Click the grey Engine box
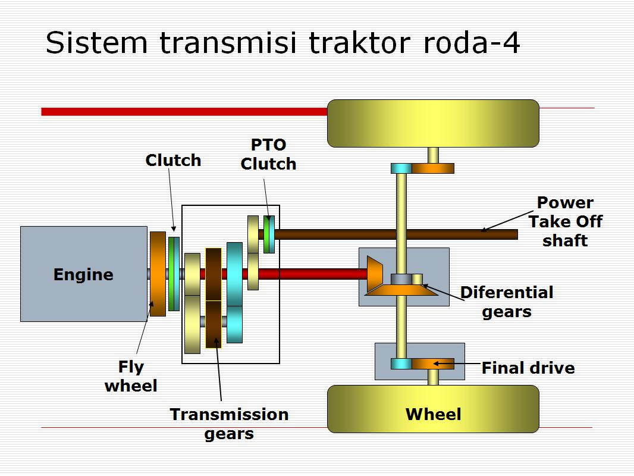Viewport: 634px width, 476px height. coord(83,274)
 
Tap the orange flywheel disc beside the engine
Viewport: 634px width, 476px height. coord(158,274)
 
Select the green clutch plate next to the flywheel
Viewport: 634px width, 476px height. coord(174,274)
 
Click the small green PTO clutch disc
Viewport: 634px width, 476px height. coord(269,234)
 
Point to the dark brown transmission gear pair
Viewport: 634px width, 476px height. coord(214,297)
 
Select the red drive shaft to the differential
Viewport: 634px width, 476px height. coord(309,274)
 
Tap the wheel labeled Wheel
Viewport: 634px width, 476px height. coord(433,409)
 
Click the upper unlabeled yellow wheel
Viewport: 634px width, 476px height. coord(433,123)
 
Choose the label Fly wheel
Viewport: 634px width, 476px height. coord(131,376)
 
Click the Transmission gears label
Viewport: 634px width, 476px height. coord(229,424)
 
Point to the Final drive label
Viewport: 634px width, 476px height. coord(528,368)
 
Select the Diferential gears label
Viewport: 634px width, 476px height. coord(507,302)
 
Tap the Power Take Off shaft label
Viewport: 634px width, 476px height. coord(565,221)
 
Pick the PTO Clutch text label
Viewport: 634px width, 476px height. coord(268,154)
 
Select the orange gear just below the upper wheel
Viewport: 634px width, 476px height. coord(433,168)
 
